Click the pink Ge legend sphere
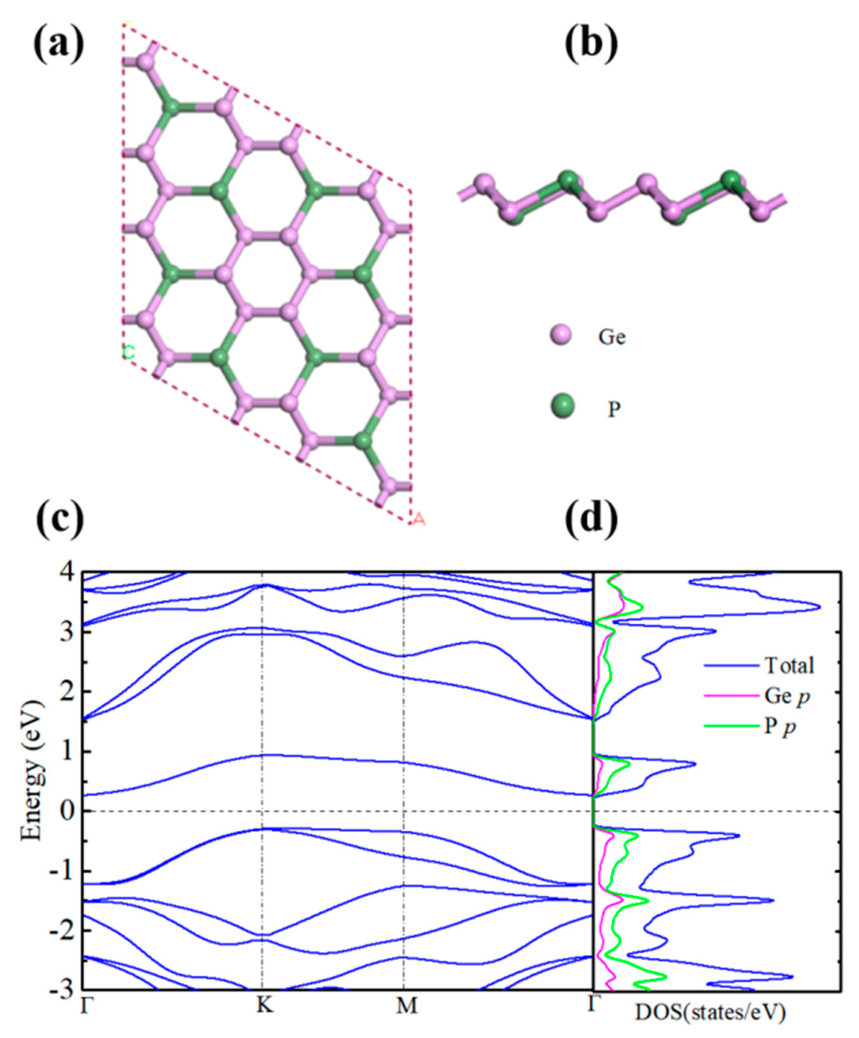click(560, 336)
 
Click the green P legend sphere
click(562, 406)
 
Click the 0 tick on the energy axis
click(68, 811)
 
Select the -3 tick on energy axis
click(63, 989)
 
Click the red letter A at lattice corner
click(419, 519)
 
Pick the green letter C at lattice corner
click(129, 352)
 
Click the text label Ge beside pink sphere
click(612, 337)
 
